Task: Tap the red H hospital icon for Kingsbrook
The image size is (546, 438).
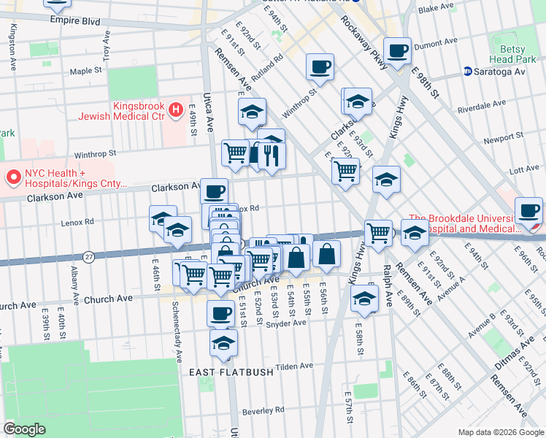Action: pyautogui.click(x=175, y=111)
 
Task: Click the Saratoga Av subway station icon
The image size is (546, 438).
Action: pyautogui.click(x=468, y=72)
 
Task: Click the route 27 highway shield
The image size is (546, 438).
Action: pyautogui.click(x=88, y=256)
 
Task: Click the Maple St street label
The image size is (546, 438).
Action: pyautogui.click(x=86, y=71)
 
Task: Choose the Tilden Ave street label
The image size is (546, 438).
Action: pyautogui.click(x=295, y=366)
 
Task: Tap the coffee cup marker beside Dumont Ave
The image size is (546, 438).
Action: pyautogui.click(x=397, y=51)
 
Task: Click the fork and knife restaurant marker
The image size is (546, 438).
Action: pyautogui.click(x=272, y=155)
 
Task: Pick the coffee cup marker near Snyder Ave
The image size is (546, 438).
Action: pyautogui.click(x=220, y=313)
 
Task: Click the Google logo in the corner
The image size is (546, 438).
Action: pyautogui.click(x=25, y=429)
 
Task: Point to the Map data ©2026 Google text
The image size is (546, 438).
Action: pyautogui.click(x=501, y=433)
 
